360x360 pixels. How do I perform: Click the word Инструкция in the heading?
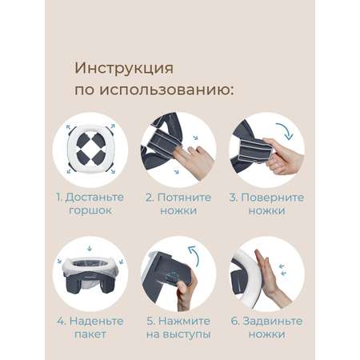coord(124,69)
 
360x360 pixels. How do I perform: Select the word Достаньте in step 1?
coord(94,198)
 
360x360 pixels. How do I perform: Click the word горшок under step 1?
coord(90,210)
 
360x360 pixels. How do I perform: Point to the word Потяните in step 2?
coord(184,198)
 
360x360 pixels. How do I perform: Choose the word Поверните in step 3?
coord(272,198)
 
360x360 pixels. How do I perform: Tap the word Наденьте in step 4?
coord(97,321)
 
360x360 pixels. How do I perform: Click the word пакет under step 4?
coord(90,334)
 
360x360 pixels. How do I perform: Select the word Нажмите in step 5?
coord(184,321)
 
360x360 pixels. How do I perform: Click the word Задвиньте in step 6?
coord(273,322)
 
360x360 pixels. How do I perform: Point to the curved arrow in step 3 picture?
coord(286,130)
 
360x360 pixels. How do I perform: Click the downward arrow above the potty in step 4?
coord(90,249)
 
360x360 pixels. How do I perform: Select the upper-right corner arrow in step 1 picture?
coord(113,126)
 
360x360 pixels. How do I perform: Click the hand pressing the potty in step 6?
coord(270,278)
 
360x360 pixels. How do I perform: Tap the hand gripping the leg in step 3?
coord(282,156)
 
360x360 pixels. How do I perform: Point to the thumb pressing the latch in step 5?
coord(182,289)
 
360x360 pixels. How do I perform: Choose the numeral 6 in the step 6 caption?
coord(234,321)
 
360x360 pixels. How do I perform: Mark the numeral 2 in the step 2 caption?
coord(149,198)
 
